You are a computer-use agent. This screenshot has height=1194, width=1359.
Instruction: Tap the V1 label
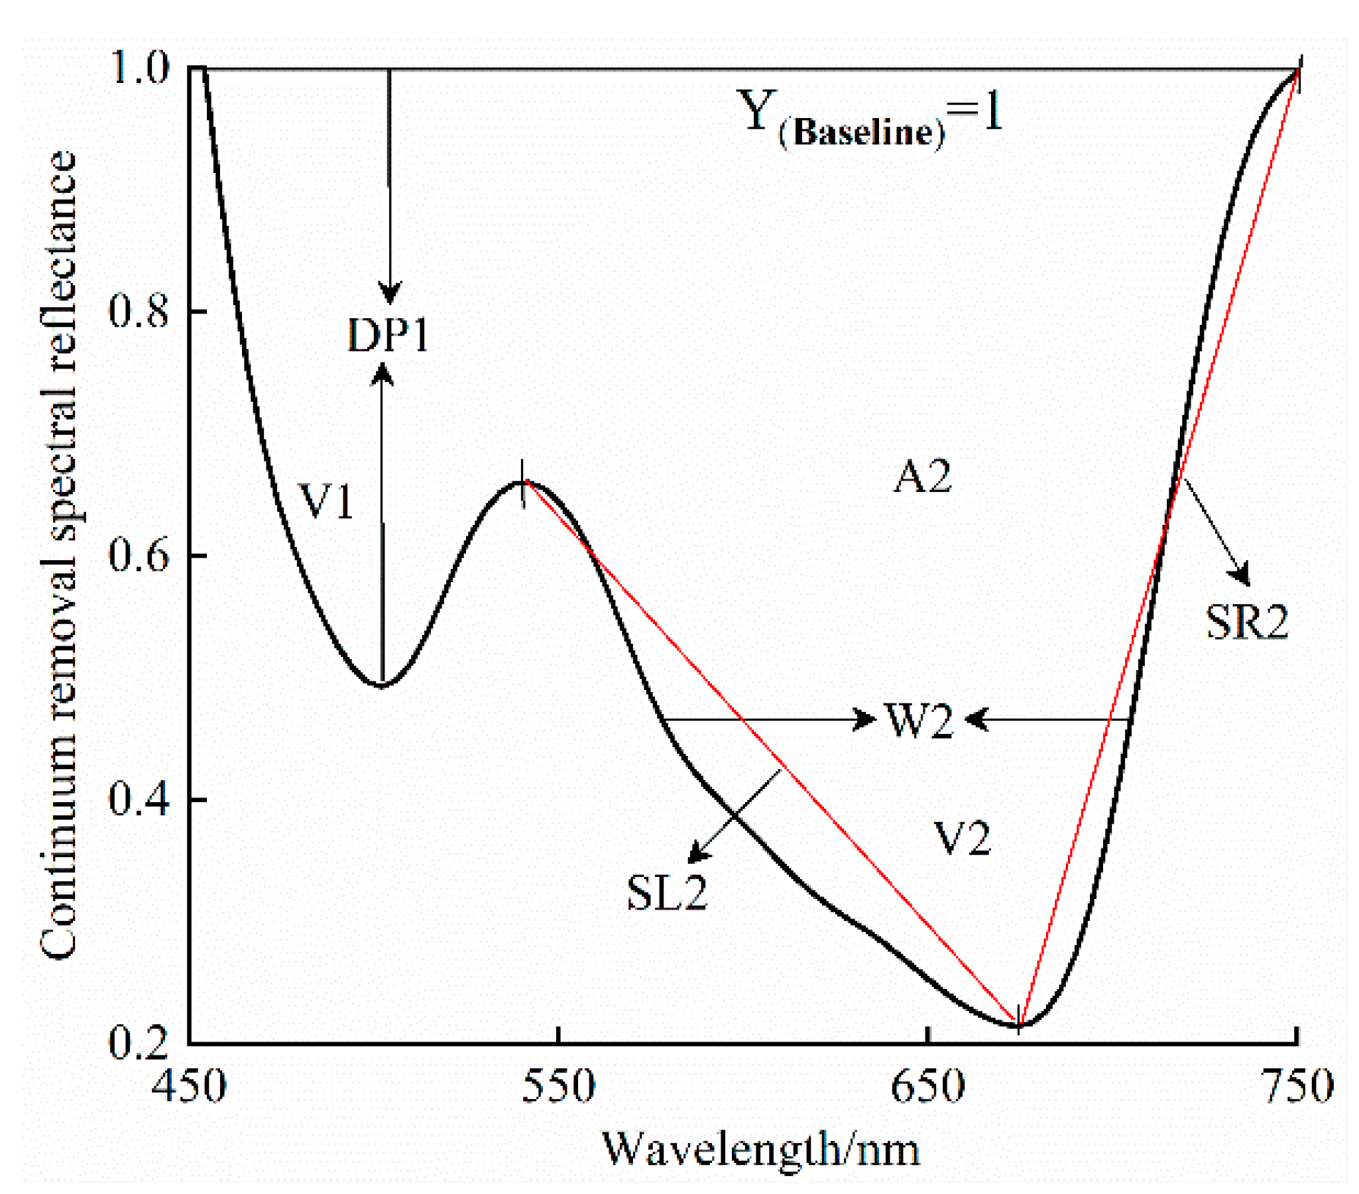click(x=327, y=501)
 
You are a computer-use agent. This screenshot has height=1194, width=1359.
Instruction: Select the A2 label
click(x=922, y=477)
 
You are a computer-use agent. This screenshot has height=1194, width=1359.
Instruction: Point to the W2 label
click(x=918, y=721)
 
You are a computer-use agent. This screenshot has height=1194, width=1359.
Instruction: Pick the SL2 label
click(x=667, y=893)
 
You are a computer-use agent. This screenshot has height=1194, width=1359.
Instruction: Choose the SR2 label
click(x=1247, y=623)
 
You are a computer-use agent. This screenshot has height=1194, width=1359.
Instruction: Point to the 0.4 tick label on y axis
click(x=139, y=799)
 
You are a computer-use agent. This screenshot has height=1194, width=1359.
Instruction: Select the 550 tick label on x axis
click(x=558, y=1087)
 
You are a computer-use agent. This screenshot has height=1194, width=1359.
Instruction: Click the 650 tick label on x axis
click(x=927, y=1087)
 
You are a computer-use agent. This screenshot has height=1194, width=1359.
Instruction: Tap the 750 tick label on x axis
click(x=1298, y=1087)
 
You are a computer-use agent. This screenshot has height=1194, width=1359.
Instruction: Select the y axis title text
click(x=58, y=555)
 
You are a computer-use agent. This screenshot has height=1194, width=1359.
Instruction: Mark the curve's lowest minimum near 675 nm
click(x=1018, y=1024)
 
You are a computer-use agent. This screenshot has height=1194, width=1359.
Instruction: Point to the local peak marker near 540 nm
click(x=523, y=483)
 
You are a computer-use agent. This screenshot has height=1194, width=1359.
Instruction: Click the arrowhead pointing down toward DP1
click(x=390, y=292)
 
